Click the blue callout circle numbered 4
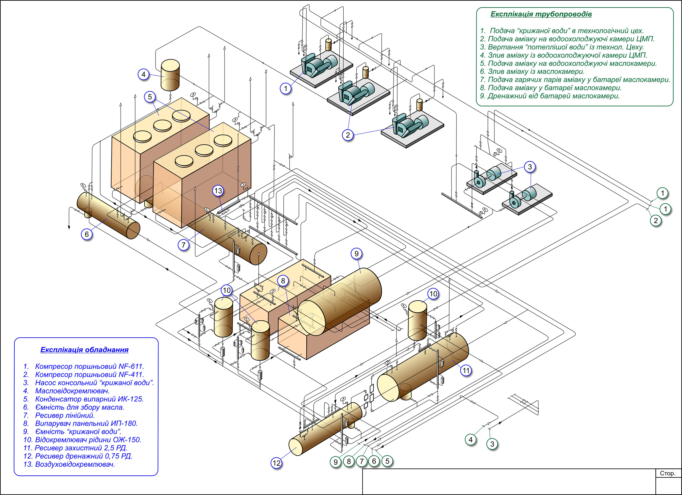pos(143,74)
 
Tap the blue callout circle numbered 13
pos(218,191)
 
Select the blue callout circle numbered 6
pos(87,234)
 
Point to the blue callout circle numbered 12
pos(276,463)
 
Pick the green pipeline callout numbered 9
pos(336,462)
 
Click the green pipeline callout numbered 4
pos(471,440)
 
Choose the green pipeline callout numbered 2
pos(656,220)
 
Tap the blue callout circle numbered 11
pos(466,370)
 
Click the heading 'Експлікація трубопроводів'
pos(541,14)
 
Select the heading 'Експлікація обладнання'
pos(84,350)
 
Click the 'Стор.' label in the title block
pos(667,473)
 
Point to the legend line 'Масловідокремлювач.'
pos(72,391)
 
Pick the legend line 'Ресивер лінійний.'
pos(65,415)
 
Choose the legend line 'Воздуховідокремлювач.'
pos(75,464)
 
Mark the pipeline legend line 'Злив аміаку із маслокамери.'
pos(536,72)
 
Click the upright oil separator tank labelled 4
pos(170,75)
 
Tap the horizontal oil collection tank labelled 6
pos(108,216)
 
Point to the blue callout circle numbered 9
pos(356,254)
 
